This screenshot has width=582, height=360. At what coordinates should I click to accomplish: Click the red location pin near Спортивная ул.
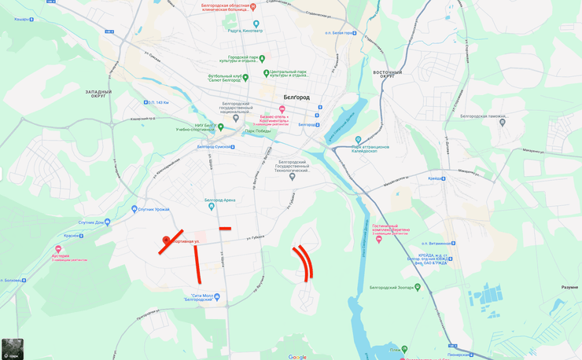166,240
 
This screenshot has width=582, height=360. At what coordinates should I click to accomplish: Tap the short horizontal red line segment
225,229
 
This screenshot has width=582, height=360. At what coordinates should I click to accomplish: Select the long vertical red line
197,265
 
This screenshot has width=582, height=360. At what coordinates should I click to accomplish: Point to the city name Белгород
297,97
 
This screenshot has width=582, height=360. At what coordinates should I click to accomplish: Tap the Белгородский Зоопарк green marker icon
418,288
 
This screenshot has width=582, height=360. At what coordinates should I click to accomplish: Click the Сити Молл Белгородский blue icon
218,297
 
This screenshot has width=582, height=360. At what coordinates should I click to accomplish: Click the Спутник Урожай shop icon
134,209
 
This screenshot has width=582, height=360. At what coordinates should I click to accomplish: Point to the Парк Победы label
257,130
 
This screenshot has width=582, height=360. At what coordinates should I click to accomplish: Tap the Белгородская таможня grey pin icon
503,122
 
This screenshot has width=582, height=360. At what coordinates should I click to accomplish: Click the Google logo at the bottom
297,357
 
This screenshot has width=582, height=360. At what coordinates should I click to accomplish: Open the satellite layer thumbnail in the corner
13,349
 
